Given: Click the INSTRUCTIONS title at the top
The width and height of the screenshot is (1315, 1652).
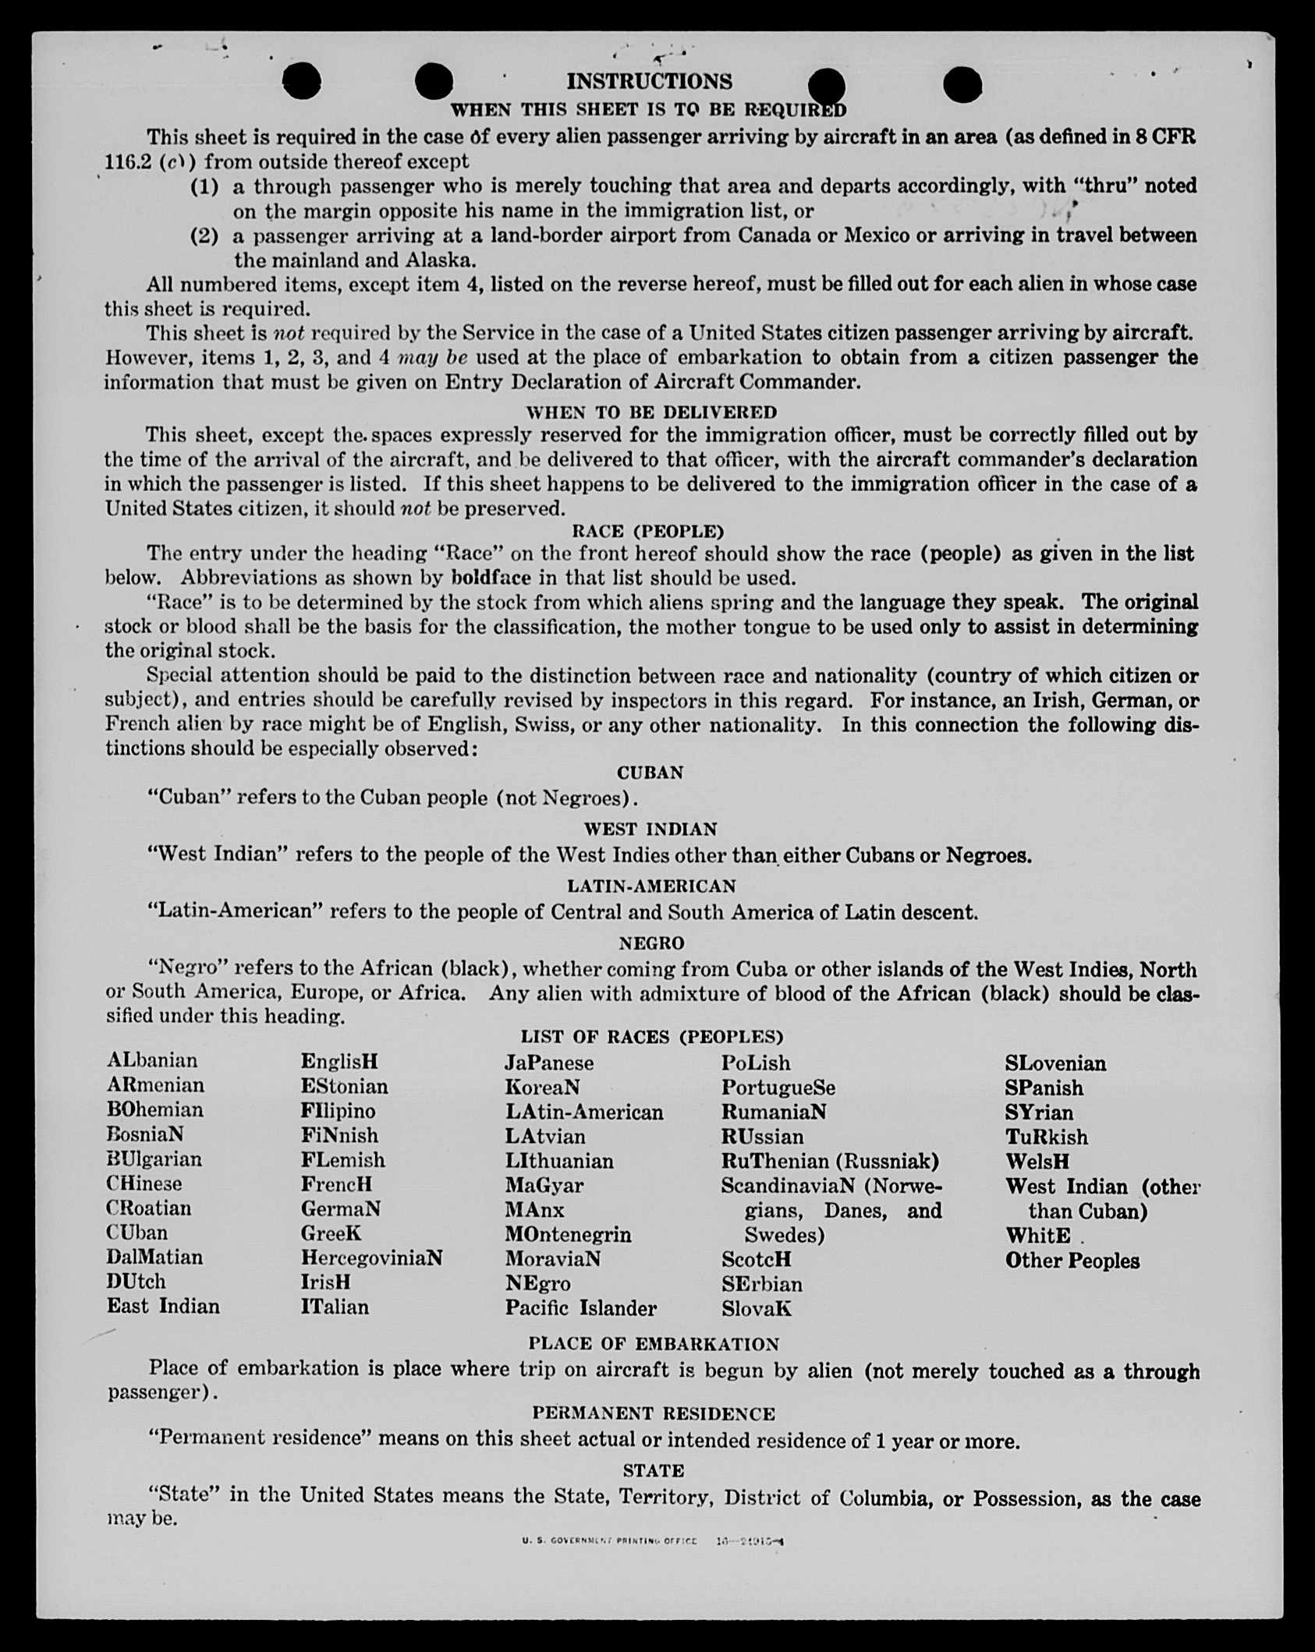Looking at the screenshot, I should click(649, 81).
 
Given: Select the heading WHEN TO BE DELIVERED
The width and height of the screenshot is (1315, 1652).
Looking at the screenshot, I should click(651, 412).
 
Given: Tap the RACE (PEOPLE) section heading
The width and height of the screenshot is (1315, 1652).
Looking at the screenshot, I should click(648, 531).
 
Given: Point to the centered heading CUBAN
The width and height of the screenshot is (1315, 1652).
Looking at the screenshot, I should click(650, 773).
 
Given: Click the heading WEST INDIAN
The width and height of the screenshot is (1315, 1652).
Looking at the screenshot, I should click(650, 829).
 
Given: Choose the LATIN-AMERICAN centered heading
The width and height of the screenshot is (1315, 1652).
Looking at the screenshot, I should click(651, 886).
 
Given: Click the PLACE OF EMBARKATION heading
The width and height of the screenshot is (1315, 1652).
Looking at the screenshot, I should click(654, 1343).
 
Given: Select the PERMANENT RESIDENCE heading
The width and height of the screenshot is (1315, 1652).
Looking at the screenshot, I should click(654, 1413).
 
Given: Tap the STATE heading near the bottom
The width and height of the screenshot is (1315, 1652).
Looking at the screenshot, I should click(654, 1470).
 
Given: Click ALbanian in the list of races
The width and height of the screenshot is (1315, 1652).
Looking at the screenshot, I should click(153, 1060).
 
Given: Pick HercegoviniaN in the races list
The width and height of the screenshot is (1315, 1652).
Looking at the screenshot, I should click(372, 1258).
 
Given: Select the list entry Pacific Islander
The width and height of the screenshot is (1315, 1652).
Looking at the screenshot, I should click(581, 1307).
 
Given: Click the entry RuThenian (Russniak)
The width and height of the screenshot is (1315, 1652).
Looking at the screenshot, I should click(830, 1161).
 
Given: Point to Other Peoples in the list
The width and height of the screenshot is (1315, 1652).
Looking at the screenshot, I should click(1072, 1261).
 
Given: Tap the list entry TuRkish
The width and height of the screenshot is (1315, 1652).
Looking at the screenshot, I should click(1047, 1137).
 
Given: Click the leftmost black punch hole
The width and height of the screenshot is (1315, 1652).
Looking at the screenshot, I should click(302, 81).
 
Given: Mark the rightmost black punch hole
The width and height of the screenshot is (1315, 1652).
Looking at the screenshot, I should click(962, 84).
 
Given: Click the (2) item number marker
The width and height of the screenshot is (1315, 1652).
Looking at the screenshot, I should click(204, 235).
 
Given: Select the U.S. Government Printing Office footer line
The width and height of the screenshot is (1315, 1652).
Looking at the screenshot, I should click(652, 1541).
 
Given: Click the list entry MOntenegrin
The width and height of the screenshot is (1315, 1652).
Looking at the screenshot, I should click(568, 1234).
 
